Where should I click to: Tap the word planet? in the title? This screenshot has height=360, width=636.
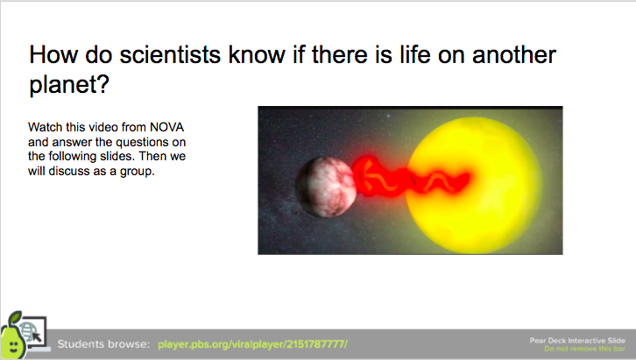click(x=69, y=85)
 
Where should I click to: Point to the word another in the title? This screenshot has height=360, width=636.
click(x=514, y=54)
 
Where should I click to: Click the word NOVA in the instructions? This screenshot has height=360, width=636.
click(x=167, y=127)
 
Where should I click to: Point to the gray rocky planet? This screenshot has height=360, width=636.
click(x=325, y=187)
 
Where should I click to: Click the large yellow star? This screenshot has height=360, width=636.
click(x=474, y=185)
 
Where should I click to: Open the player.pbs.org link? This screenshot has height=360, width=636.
click(x=252, y=344)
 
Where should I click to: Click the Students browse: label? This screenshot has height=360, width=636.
click(x=103, y=344)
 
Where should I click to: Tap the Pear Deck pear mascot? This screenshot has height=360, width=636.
click(x=13, y=336)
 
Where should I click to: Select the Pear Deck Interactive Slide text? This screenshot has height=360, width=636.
click(x=577, y=341)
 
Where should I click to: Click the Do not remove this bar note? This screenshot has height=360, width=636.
click(x=584, y=349)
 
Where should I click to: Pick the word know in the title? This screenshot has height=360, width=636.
click(x=257, y=54)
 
